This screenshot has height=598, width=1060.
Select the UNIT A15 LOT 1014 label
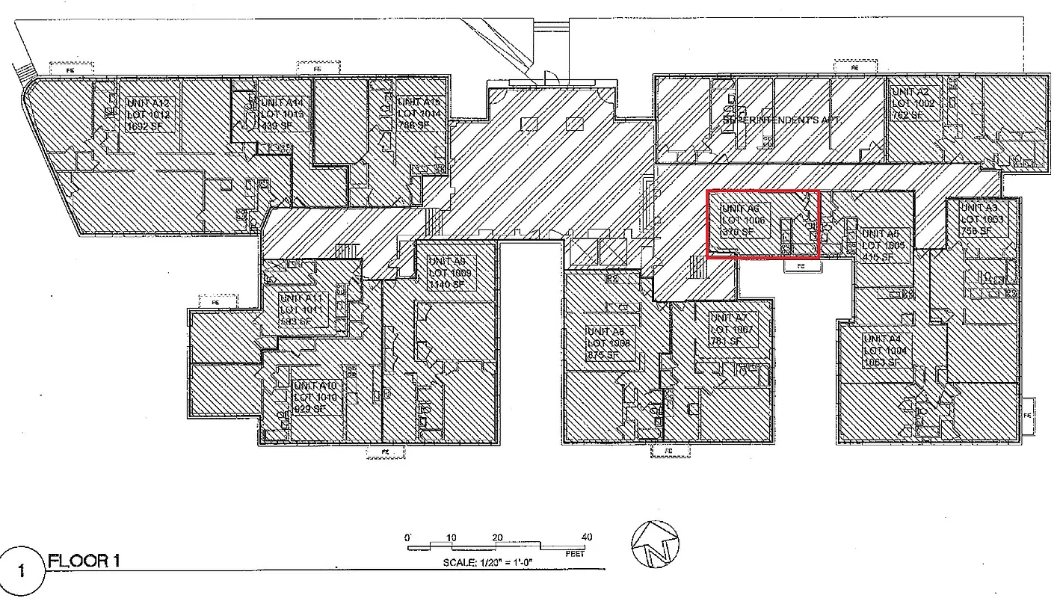(x=422, y=114)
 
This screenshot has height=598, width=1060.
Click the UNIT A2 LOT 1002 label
(x=913, y=104)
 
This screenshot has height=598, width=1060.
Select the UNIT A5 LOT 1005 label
(x=884, y=245)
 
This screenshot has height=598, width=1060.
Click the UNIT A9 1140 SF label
(x=451, y=273)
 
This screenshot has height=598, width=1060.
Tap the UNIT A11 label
(x=303, y=310)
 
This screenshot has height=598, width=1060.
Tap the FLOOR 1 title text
(x=84, y=561)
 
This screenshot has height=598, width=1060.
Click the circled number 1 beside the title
(x=21, y=571)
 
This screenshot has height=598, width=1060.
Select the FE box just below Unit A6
(x=800, y=265)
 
